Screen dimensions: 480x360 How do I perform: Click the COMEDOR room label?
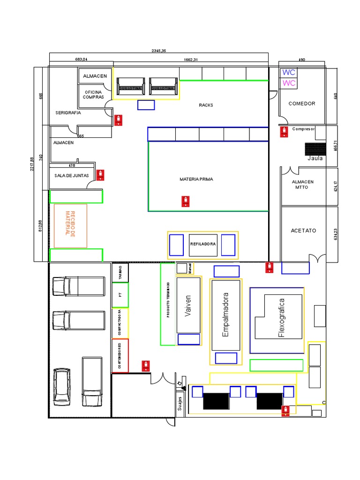(301, 104)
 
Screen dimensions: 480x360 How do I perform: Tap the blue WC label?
(289, 73)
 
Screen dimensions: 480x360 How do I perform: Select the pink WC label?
(289, 83)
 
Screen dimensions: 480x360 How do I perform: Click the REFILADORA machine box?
(203, 244)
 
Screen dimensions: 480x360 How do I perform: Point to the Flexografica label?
(282, 317)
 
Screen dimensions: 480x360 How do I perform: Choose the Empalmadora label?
(225, 315)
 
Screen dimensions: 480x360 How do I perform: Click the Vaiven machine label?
(188, 306)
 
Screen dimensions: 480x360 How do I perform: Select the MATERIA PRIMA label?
(196, 179)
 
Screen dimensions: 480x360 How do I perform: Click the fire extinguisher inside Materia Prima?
(187, 202)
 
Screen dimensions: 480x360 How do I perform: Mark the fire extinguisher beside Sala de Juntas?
(100, 175)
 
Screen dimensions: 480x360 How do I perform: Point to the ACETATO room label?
(303, 231)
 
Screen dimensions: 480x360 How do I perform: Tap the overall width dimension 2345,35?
(159, 51)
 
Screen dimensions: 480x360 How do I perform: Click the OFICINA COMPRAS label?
(93, 94)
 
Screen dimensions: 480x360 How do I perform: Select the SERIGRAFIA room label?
(68, 113)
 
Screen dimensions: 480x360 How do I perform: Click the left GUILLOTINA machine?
(128, 88)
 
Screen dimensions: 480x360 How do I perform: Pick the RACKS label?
(206, 105)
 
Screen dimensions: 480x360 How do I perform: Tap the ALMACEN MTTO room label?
(303, 185)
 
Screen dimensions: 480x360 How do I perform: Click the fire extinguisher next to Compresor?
(283, 132)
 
